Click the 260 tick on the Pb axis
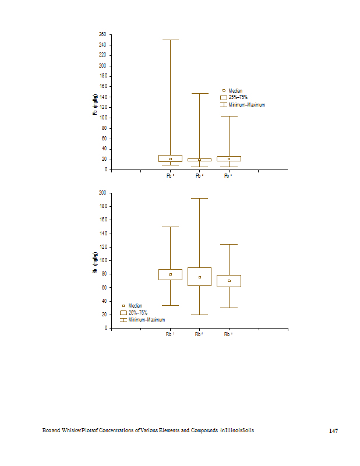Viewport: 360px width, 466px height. coord(102,34)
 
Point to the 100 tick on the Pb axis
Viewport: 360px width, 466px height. coord(102,118)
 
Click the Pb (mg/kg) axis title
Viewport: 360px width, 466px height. coord(95,105)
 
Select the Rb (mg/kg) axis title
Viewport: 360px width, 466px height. coord(95,263)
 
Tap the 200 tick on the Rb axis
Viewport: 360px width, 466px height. coord(102,193)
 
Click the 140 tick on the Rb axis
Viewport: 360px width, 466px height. coord(102,234)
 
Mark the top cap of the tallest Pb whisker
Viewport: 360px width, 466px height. coord(170,40)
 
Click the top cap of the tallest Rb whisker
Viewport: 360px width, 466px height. coord(199,198)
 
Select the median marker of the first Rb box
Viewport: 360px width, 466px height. coord(170,274)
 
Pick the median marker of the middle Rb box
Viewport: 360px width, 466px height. coord(199,277)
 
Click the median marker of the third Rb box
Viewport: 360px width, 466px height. coord(229,281)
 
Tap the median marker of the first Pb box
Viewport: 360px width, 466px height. coord(170,159)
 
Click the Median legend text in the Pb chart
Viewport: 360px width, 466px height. coord(235,91)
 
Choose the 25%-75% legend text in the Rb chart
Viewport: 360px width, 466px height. coord(137,313)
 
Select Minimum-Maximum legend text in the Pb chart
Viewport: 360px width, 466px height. coord(246,105)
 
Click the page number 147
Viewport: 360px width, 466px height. coord(333,430)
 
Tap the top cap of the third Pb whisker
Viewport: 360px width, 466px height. coord(229,116)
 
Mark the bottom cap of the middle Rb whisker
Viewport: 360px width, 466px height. coord(199,315)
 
